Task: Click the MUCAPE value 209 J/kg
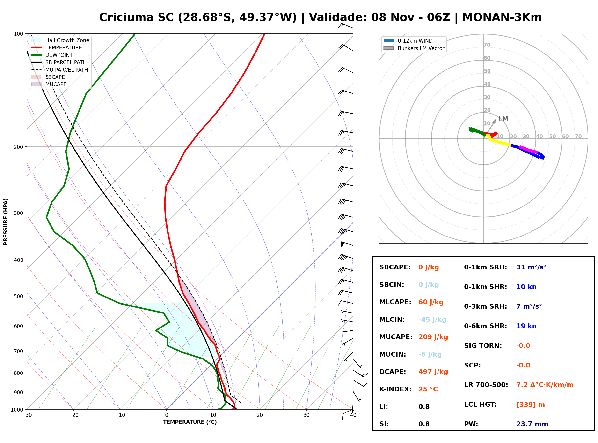pyautogui.click(x=433, y=337)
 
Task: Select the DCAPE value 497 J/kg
pyautogui.click(x=433, y=372)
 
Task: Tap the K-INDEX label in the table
pyautogui.click(x=395, y=389)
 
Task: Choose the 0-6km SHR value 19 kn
pyautogui.click(x=526, y=326)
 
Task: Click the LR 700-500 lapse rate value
pyautogui.click(x=545, y=385)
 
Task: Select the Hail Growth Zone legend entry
pyautogui.click(x=60, y=40)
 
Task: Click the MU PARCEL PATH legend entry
pyautogui.click(x=59, y=70)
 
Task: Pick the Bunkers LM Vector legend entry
pyautogui.click(x=414, y=48)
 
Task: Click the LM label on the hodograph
pyautogui.click(x=503, y=119)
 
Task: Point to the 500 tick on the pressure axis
pyautogui.click(x=18, y=296)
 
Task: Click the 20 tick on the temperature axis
pyautogui.click(x=260, y=415)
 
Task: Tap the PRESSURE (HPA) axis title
pyautogui.click(x=5, y=222)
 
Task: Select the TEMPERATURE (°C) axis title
pyautogui.click(x=190, y=422)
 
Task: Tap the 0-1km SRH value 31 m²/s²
pyautogui.click(x=531, y=267)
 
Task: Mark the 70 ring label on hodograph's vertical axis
pyautogui.click(x=487, y=45)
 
